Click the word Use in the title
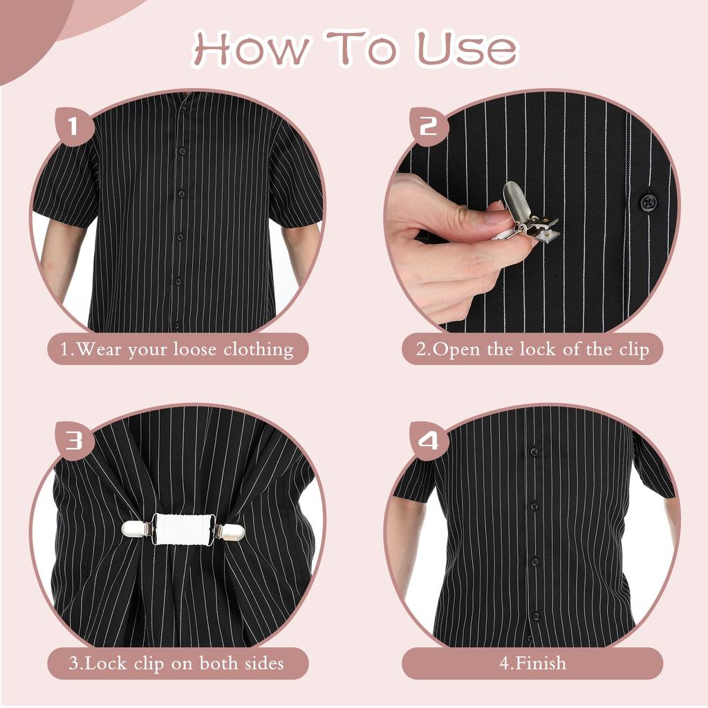coord(466,48)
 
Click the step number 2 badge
coord(429,127)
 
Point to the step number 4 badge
coord(429,440)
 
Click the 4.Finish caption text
coord(532,663)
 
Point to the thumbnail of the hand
coord(498,216)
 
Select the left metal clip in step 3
coord(137,529)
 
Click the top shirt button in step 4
coord(533,452)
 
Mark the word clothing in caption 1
coord(258,349)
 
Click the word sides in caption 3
coord(263,663)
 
